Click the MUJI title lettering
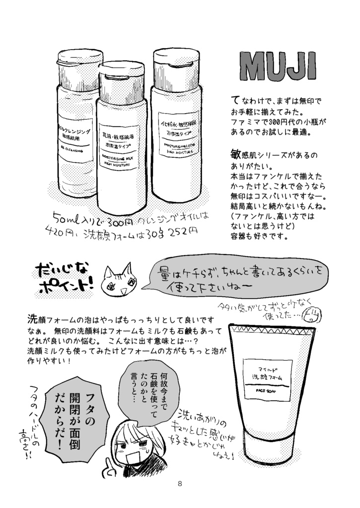pyautogui.click(x=278, y=65)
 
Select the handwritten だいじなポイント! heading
pyautogui.click(x=63, y=279)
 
